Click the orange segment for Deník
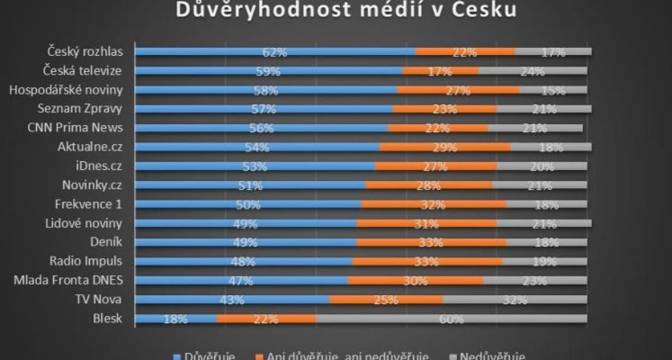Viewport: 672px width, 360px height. click(x=430, y=243)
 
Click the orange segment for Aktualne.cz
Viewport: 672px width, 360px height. click(x=444, y=148)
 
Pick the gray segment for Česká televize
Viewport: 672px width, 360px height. click(x=533, y=71)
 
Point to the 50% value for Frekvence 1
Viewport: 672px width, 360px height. click(x=248, y=204)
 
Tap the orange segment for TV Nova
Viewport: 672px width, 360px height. click(x=385, y=300)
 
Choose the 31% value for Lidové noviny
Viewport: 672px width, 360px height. click(x=426, y=223)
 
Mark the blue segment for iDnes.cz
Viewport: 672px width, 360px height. click(x=255, y=166)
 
